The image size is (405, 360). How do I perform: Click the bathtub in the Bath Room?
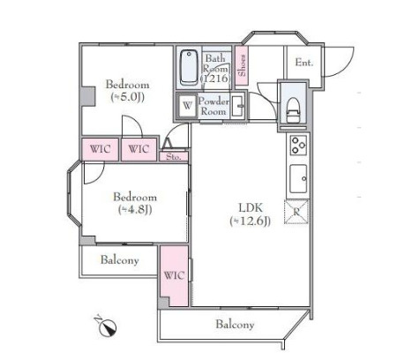click(x=189, y=68)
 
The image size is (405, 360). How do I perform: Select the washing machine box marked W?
click(x=187, y=106)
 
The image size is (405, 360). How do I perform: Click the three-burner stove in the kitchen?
click(x=298, y=145)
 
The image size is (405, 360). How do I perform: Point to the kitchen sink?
click(x=298, y=178)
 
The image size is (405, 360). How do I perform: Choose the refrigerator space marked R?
click(x=296, y=212)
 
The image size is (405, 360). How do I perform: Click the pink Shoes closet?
click(x=242, y=66)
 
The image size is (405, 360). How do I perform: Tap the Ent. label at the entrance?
click(x=304, y=63)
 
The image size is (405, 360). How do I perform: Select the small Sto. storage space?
click(x=174, y=156)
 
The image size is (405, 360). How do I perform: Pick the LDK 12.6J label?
click(x=251, y=214)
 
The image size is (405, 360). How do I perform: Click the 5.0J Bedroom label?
click(x=127, y=91)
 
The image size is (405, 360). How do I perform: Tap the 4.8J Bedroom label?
click(x=135, y=203)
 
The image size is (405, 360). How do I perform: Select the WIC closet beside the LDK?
click(x=174, y=275)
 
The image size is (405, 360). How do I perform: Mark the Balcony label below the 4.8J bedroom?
click(x=119, y=260)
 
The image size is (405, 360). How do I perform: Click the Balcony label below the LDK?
click(x=235, y=325)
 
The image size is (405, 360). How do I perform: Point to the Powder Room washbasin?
click(x=237, y=106)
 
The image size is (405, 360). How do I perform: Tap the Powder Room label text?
click(x=214, y=107)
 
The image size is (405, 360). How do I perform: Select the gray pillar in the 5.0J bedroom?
click(x=88, y=96)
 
